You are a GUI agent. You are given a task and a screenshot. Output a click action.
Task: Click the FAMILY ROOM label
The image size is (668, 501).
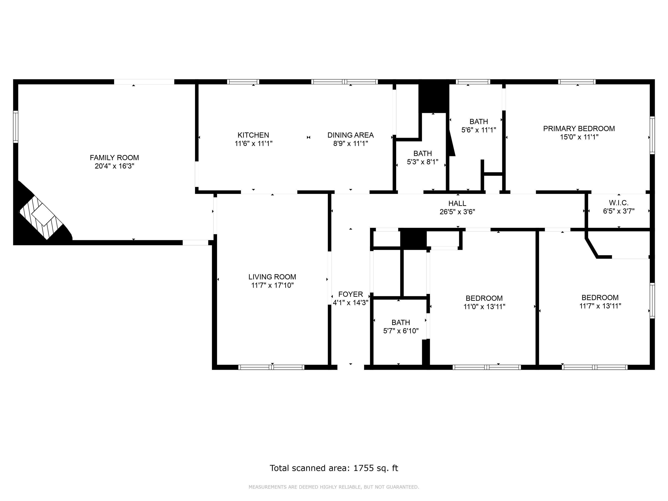click(114, 158)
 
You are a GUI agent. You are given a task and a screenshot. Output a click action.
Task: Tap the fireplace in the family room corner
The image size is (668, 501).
click(42, 214)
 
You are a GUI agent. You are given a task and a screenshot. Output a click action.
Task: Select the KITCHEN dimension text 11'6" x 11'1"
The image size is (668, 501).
click(253, 143)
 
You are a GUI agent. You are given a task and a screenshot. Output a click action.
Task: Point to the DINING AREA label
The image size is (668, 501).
click(350, 135)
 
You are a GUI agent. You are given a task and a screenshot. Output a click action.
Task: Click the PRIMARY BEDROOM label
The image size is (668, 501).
click(579, 129)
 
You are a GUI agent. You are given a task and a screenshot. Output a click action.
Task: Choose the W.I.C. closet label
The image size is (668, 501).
click(619, 203)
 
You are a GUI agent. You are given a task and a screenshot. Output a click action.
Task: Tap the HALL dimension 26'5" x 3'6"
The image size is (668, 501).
click(457, 212)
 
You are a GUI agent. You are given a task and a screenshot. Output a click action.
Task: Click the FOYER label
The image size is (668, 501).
click(350, 294)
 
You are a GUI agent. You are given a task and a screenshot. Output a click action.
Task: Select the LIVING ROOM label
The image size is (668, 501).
click(272, 277)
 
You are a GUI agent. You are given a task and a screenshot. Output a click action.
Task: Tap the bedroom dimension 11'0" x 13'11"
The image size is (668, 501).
click(484, 307)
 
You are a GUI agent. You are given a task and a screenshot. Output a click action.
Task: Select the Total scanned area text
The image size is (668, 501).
click(334, 468)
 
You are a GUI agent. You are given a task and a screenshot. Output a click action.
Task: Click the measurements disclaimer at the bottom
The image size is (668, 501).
click(334, 487)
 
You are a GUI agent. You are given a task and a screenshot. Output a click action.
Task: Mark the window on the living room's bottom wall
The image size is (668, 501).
click(271, 367)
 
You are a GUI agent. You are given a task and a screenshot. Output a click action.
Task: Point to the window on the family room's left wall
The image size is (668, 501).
click(15, 126)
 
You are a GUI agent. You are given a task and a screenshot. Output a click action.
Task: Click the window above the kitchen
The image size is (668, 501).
click(243, 81)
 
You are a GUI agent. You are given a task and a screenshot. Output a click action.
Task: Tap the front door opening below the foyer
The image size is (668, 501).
click(351, 367)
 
